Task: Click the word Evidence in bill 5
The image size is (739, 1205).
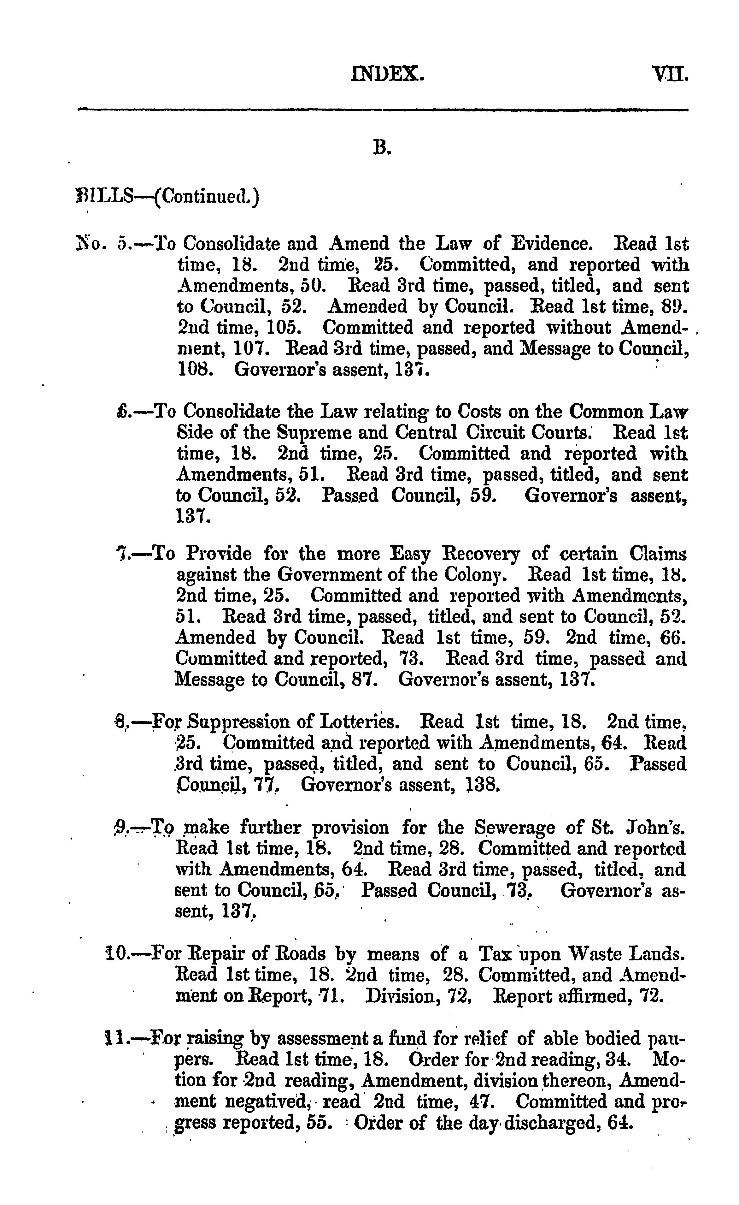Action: tap(552, 244)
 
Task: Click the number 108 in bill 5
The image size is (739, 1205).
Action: tap(195, 369)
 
